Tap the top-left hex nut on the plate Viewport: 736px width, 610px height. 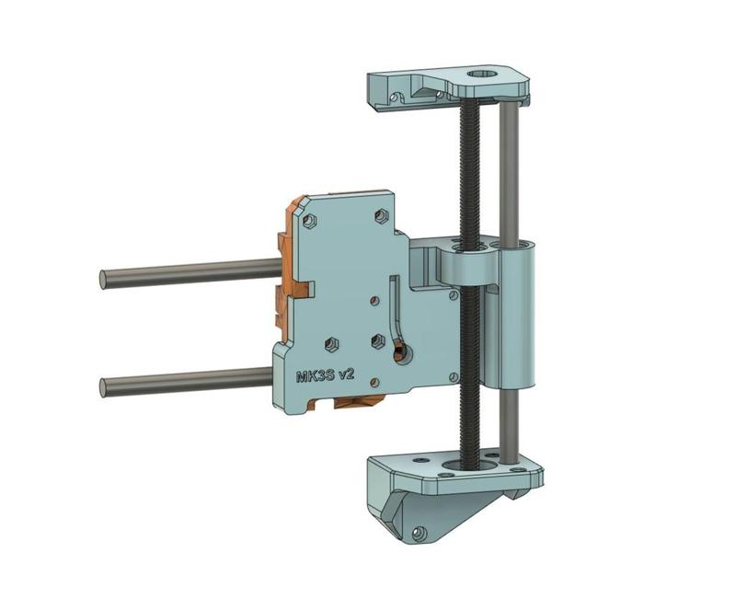[x=310, y=221]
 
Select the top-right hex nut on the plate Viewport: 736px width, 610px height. [x=381, y=215]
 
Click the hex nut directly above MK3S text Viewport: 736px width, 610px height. [x=330, y=346]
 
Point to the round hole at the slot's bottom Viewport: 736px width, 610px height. [x=398, y=351]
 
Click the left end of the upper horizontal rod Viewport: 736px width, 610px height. [x=104, y=279]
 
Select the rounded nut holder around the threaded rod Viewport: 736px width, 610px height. [x=469, y=267]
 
